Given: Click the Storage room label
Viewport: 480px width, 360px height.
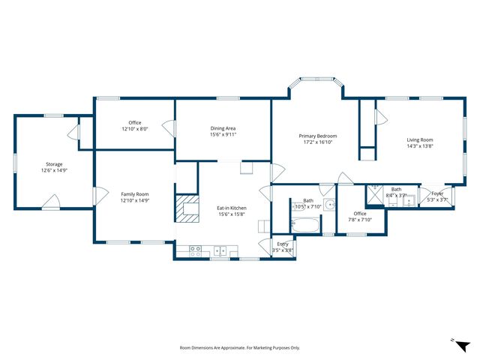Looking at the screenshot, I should point(54,164).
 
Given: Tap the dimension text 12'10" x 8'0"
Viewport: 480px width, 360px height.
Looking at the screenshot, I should point(135,129).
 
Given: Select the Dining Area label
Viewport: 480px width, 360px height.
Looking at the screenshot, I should point(223,128).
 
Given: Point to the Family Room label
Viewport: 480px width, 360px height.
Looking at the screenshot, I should point(135,194).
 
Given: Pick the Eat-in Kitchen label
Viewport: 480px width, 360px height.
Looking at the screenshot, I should point(232,208).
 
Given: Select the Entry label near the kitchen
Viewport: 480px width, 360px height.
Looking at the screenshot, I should point(283,244).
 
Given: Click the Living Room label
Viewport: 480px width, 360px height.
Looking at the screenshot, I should point(420,140).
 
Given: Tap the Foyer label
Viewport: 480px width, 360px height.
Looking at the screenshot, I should point(436,193).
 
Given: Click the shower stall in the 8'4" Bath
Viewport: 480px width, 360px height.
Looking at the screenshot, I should point(375,195).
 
